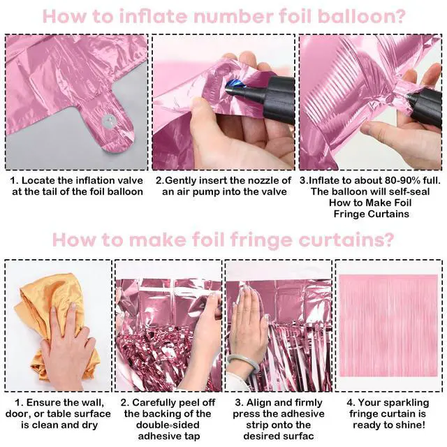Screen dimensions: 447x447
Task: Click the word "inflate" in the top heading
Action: [x=154, y=17]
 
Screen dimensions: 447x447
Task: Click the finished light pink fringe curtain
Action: [x=388, y=325]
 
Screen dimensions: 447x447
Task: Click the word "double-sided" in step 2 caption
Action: [x=168, y=425]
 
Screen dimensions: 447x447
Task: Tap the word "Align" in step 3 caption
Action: [x=259, y=402]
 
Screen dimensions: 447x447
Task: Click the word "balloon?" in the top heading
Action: [x=362, y=17]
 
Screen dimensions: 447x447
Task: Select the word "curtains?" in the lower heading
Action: [x=346, y=240]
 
